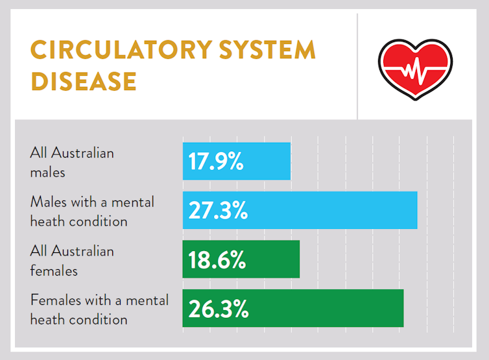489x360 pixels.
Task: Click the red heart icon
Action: point(415,67)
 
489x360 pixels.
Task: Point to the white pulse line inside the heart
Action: point(415,71)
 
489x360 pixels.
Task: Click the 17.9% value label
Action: point(216,162)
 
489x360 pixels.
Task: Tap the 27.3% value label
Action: point(218,211)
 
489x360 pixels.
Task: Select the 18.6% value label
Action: point(217,260)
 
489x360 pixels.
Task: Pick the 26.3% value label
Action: point(219,309)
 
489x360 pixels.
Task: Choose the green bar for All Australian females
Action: point(272,260)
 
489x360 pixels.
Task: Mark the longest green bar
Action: point(324,309)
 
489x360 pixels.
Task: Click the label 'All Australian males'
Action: point(71,163)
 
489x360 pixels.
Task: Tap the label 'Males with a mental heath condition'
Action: point(92,211)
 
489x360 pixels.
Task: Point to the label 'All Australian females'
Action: point(71,261)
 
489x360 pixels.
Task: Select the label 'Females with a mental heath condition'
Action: point(99,309)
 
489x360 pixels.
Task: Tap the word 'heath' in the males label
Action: point(47,221)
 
